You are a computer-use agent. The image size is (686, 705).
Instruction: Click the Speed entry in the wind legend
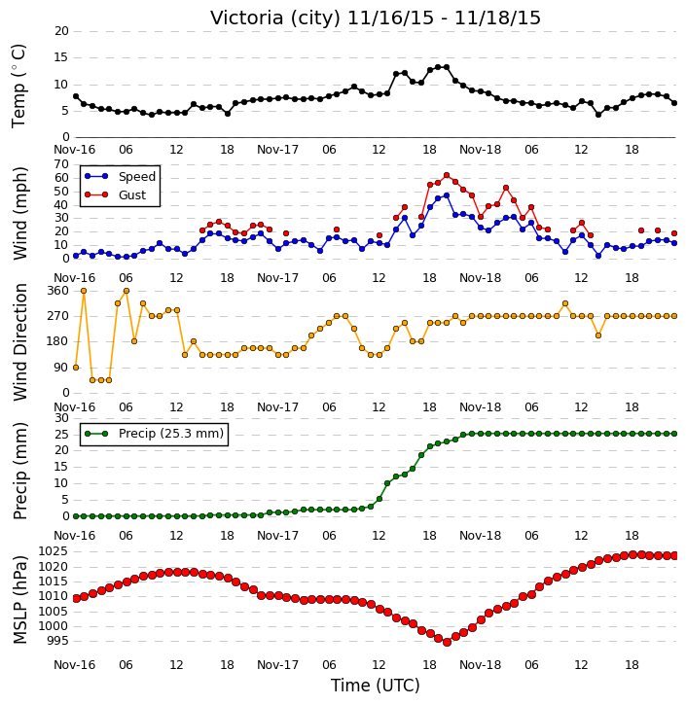120,177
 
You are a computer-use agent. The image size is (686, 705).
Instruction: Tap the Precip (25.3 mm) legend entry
155,434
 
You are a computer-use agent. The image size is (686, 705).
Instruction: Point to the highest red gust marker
447,175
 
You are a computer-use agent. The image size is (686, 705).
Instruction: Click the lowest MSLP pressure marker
447,643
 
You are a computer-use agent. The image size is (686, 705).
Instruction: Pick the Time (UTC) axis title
376,686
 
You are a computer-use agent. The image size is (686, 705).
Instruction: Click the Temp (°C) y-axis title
18,86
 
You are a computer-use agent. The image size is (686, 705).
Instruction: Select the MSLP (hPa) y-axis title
19,600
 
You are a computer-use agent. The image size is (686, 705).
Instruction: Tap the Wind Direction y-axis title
19,342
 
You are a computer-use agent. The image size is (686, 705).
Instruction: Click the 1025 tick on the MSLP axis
54,551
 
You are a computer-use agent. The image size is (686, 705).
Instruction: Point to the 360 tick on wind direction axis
58,291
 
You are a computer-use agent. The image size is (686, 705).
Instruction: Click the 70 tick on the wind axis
61,164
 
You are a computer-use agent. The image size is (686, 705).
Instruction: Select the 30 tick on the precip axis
61,418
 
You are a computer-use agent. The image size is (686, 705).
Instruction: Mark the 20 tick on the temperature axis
61,31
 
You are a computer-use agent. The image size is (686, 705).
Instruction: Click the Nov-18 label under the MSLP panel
480,664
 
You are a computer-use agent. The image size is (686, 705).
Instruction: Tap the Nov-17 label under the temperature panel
277,150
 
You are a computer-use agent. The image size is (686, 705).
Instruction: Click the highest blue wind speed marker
447,195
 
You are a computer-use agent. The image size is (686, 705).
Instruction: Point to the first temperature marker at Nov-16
76,96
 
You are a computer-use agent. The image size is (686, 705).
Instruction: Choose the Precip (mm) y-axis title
19,472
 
